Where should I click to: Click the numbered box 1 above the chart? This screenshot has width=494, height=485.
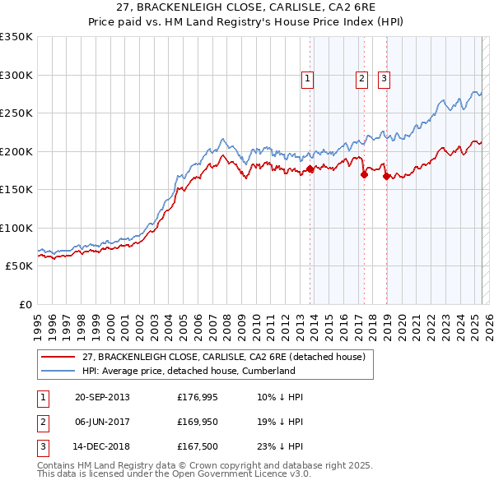pyautogui.click(x=307, y=79)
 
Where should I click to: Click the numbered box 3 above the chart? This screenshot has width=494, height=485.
pyautogui.click(x=384, y=79)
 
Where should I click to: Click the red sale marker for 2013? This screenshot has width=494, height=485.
pyautogui.click(x=310, y=169)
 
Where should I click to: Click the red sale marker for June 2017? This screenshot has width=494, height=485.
pyautogui.click(x=364, y=174)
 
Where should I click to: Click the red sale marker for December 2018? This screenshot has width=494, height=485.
pyautogui.click(x=386, y=176)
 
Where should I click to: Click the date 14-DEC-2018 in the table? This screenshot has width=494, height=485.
pyautogui.click(x=102, y=448)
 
